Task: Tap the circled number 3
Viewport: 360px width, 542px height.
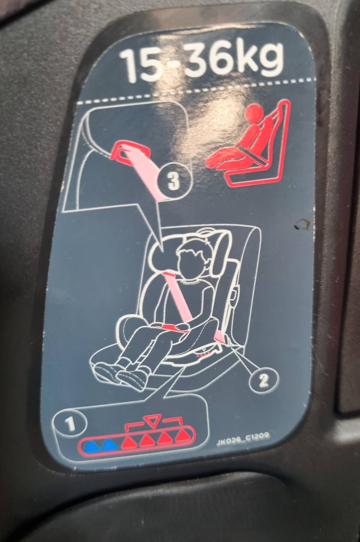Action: pos(173,181)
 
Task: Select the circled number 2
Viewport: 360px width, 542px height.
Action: pos(264,381)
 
